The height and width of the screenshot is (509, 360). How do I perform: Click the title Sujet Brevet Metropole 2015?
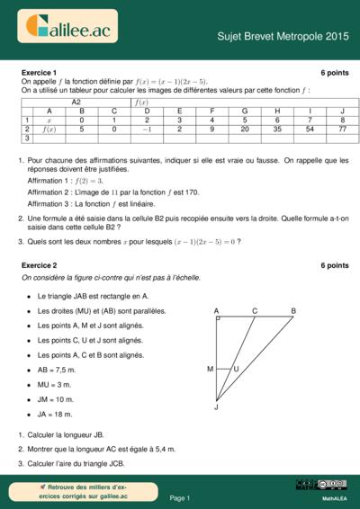tap(283, 36)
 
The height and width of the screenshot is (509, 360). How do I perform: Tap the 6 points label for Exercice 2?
tap(334, 266)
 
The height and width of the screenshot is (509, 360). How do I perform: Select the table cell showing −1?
tap(147, 129)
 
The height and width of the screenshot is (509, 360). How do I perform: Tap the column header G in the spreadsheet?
tap(245, 111)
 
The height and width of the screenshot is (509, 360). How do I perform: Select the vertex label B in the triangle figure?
tap(292, 311)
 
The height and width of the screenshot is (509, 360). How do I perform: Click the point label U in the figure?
tap(237, 369)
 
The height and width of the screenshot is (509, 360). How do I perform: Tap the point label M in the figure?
tap(210, 369)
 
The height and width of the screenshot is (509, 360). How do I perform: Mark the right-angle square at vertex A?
tap(218, 319)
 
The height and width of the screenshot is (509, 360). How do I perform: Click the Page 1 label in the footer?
tap(180, 497)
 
